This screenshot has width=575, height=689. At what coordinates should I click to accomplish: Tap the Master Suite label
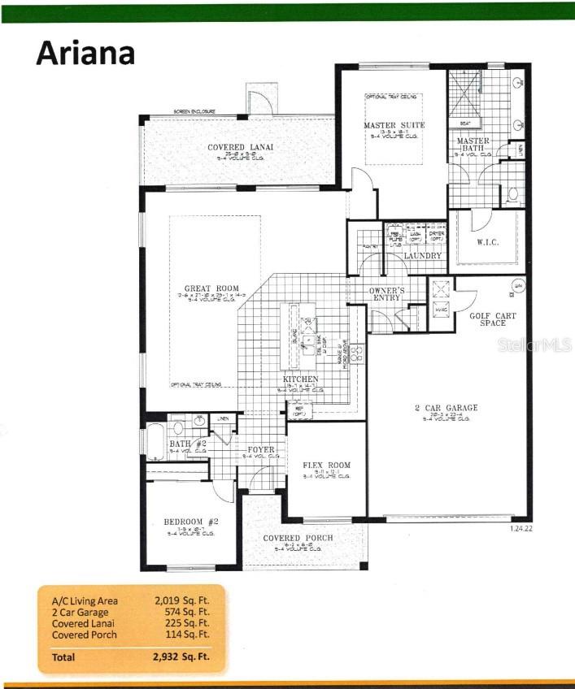coord(394,125)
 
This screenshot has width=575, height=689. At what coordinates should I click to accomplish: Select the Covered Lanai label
coord(240,147)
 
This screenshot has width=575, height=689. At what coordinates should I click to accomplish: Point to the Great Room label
coord(211,288)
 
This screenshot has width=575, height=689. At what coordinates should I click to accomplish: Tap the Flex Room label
coord(326,466)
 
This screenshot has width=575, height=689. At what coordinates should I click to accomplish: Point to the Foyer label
coord(261,449)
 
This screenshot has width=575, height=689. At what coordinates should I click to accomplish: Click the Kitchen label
coord(300,379)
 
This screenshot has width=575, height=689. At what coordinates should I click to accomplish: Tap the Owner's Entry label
coord(386,292)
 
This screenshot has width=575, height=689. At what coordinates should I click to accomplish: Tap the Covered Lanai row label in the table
coord(78,623)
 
